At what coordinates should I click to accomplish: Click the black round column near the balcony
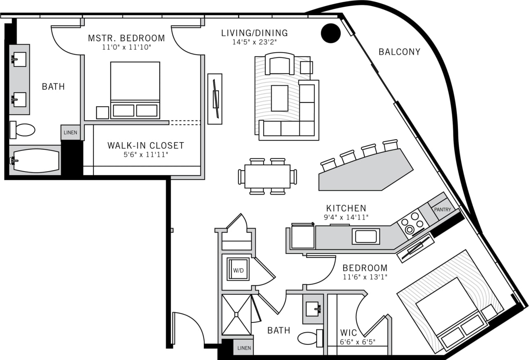pyautogui.click(x=331, y=33)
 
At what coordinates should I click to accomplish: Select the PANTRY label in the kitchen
pyautogui.click(x=442, y=210)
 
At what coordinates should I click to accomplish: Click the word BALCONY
pyautogui.click(x=399, y=52)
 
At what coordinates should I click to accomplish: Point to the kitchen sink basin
pyautogui.click(x=365, y=236)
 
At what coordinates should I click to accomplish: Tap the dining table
pyautogui.click(x=267, y=176)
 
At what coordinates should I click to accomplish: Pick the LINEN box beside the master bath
pyautogui.click(x=70, y=132)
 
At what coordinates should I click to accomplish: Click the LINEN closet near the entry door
pyautogui.click(x=244, y=348)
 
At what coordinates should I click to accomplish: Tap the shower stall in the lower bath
pyautogui.click(x=236, y=315)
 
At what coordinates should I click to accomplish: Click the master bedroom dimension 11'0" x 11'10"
pyautogui.click(x=126, y=48)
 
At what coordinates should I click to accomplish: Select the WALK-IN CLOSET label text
pyautogui.click(x=145, y=145)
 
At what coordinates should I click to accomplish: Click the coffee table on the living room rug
pyautogui.click(x=279, y=98)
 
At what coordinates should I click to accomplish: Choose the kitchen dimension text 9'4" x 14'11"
pyautogui.click(x=346, y=217)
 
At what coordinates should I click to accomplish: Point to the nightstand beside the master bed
pyautogui.click(x=102, y=112)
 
